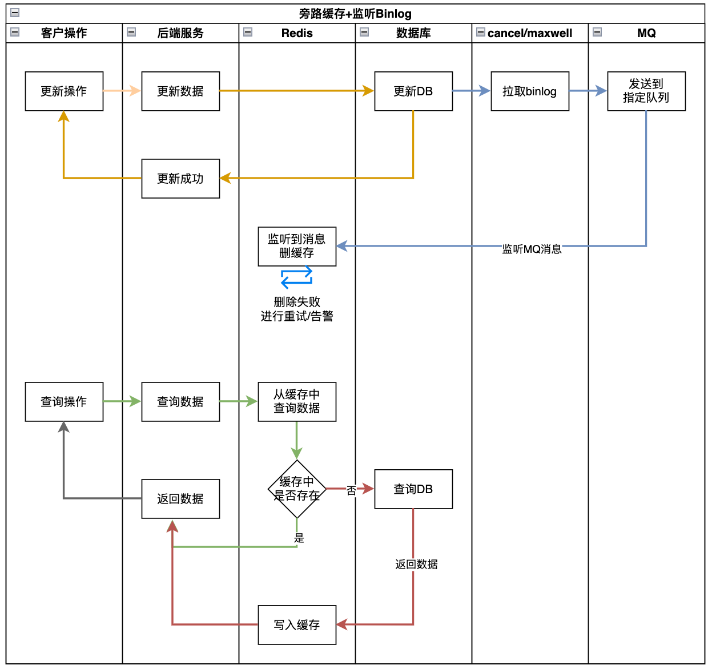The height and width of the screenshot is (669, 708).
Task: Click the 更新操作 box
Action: pyautogui.click(x=64, y=91)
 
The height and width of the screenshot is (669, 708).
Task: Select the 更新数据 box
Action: pyautogui.click(x=180, y=91)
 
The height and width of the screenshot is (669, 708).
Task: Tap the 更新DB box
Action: pyautogui.click(x=413, y=91)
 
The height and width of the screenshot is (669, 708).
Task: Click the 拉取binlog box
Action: pyautogui.click(x=530, y=91)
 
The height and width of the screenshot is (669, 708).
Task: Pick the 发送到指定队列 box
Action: pyautogui.click(x=646, y=91)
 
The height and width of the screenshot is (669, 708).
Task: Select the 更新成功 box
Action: pyautogui.click(x=180, y=179)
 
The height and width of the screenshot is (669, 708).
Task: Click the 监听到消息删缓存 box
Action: pyautogui.click(x=297, y=247)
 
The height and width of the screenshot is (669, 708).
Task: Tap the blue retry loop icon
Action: pyautogui.click(x=297, y=277)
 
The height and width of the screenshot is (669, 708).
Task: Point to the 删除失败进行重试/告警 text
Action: pyautogui.click(x=297, y=309)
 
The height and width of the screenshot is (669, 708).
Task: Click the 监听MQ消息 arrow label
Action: pyautogui.click(x=532, y=249)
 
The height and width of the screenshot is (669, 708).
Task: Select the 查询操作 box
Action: pyautogui.click(x=64, y=402)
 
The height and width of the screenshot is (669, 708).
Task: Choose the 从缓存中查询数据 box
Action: pyautogui.click(x=297, y=402)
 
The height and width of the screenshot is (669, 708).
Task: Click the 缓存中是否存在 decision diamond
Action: pyautogui.click(x=297, y=489)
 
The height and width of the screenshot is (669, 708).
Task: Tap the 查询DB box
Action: pyautogui.click(x=413, y=489)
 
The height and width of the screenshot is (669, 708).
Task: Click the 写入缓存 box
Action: pyautogui.click(x=297, y=625)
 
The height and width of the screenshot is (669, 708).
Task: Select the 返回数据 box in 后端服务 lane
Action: pyautogui.click(x=180, y=499)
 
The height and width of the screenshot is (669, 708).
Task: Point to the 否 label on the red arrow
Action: pyautogui.click(x=352, y=490)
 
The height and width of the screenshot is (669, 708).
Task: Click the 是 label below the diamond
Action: pyautogui.click(x=299, y=538)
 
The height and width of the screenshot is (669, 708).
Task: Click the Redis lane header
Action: pyautogui.click(x=297, y=33)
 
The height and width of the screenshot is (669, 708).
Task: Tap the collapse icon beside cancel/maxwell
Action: pyautogui.click(x=481, y=32)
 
